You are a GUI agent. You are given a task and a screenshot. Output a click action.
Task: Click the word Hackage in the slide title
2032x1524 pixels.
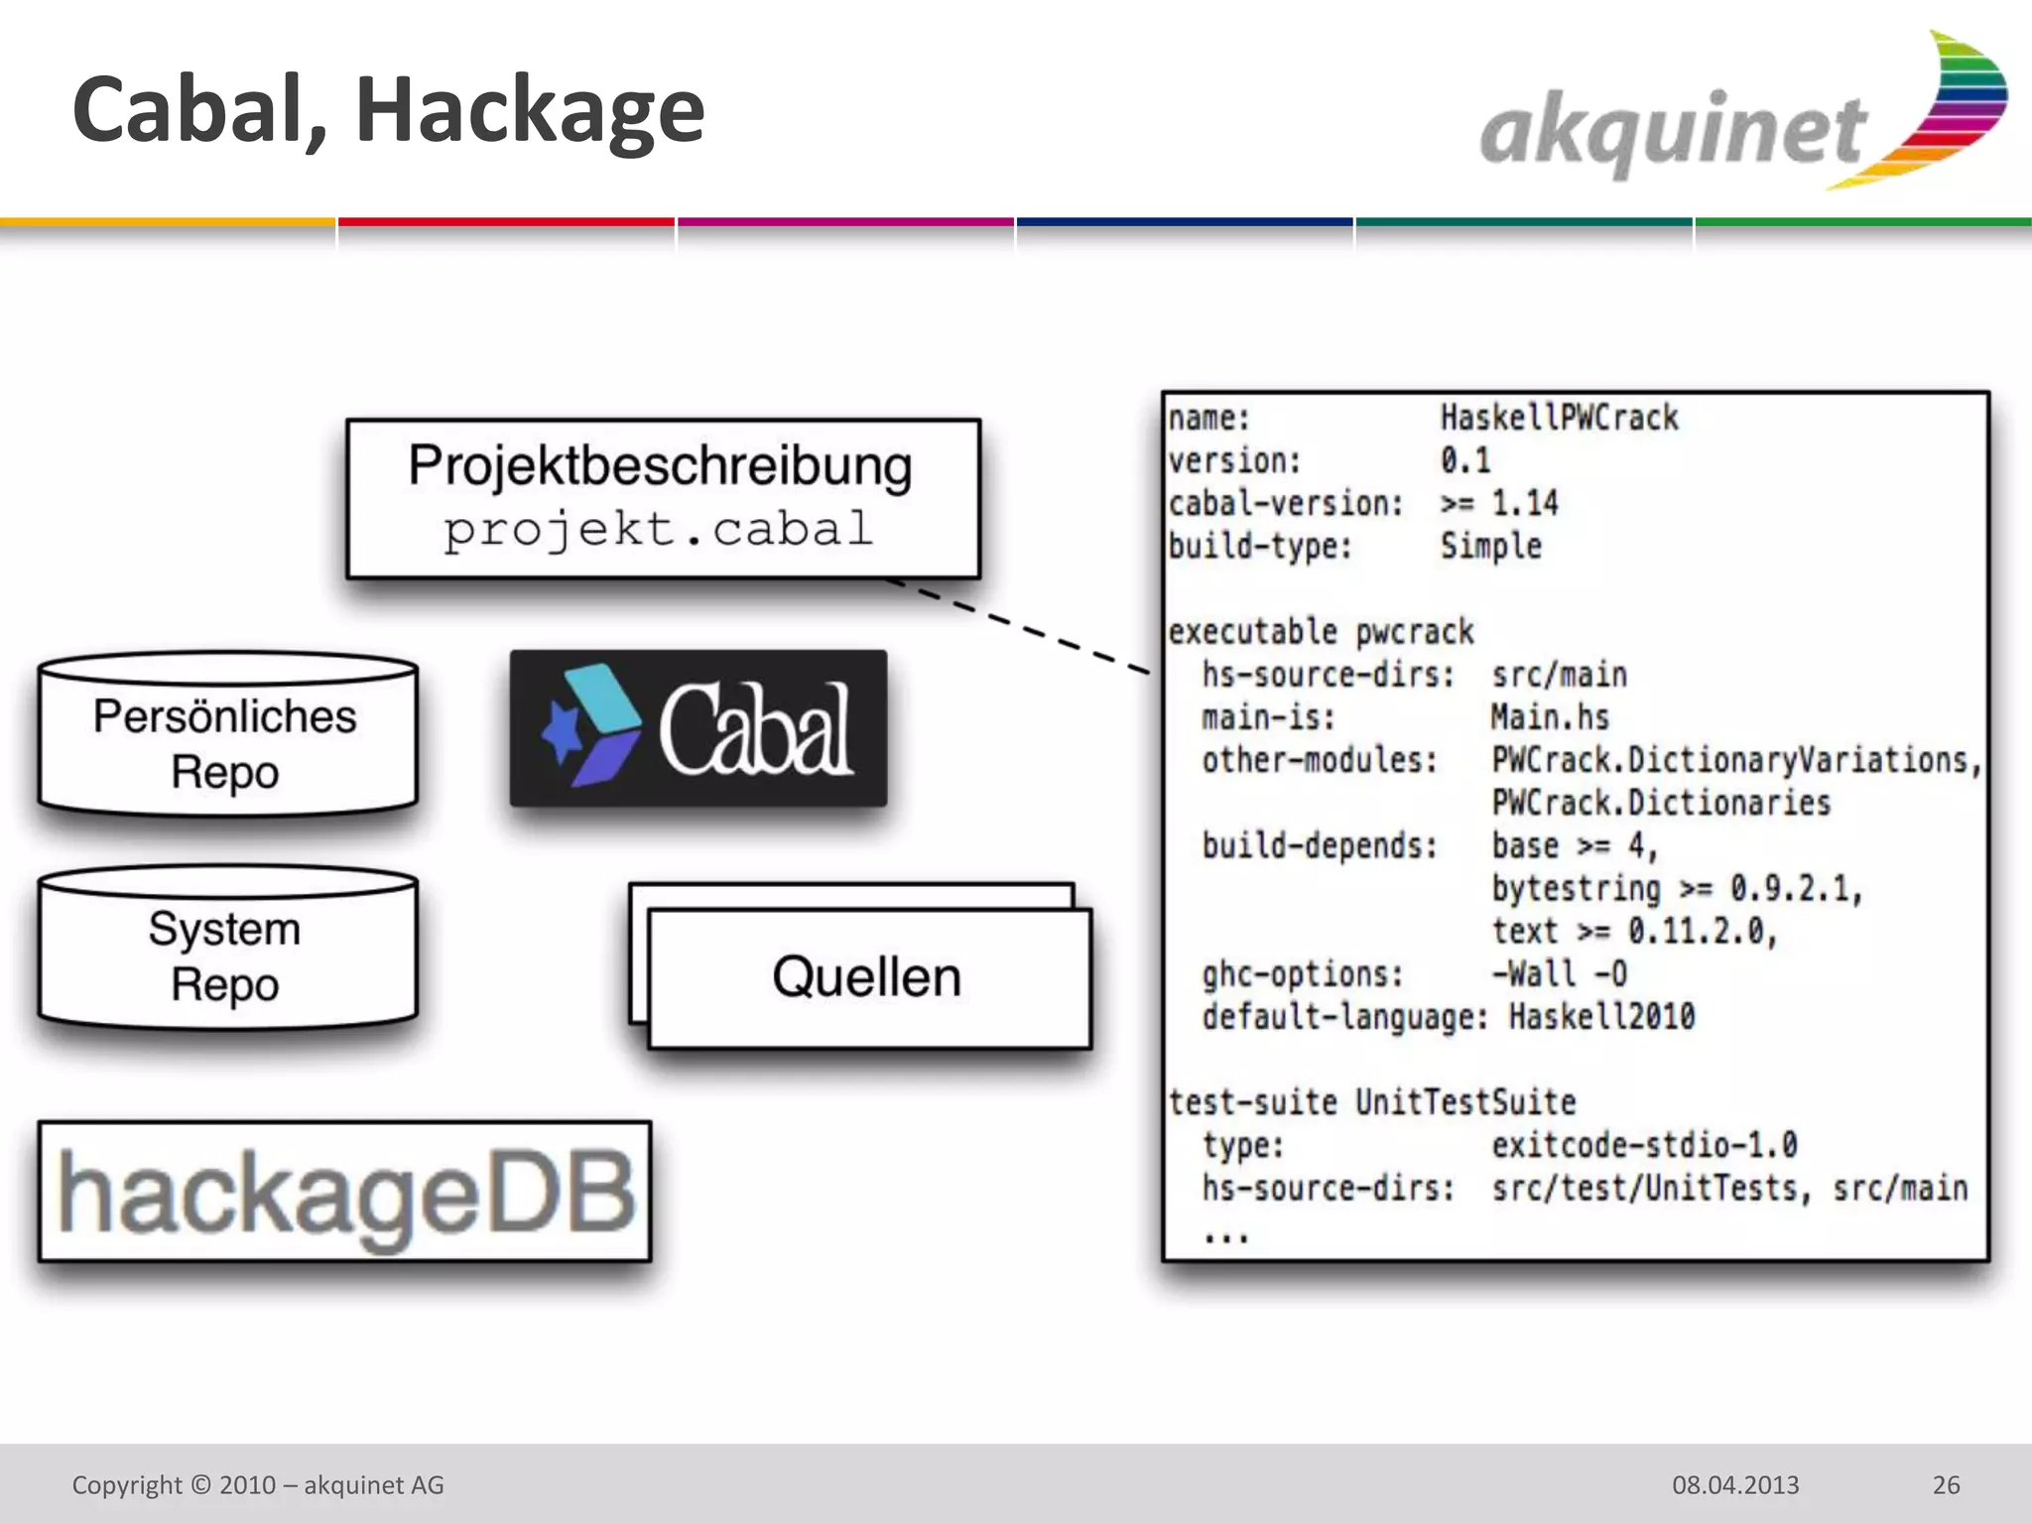[x=530, y=111]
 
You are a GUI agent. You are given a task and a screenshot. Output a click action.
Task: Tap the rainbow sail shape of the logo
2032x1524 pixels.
[x=1945, y=109]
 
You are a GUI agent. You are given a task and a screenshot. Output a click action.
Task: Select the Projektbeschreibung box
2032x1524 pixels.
[x=663, y=498]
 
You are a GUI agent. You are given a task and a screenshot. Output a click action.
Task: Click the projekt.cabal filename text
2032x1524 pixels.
[x=659, y=530]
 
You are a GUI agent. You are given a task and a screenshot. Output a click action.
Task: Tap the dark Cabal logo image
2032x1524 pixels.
[x=698, y=728]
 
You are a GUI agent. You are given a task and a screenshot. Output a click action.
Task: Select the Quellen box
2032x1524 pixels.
[x=869, y=977]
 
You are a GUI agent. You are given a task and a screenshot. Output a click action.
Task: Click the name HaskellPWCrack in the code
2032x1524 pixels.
[x=1559, y=418]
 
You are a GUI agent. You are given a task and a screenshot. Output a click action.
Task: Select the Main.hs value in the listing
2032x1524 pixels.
[x=1549, y=717]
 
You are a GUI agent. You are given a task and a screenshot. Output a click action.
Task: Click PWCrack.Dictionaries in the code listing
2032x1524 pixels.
[x=1660, y=803]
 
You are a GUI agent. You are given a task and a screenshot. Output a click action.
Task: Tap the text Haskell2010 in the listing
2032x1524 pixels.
[x=1601, y=1017]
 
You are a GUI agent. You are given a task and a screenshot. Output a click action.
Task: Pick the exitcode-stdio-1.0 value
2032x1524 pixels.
[x=1644, y=1145]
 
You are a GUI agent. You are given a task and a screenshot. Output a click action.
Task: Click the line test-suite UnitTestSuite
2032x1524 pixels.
[x=1371, y=1102]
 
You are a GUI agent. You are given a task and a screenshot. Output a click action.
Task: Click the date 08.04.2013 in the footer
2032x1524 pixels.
[x=1735, y=1485]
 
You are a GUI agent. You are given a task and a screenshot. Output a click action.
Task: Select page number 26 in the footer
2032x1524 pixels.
[x=1946, y=1485]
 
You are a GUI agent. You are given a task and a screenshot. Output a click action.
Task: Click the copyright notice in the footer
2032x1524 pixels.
[x=258, y=1485]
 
